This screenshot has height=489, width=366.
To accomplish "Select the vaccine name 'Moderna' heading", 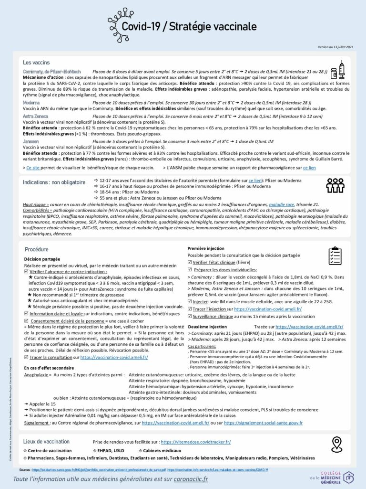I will click(31, 103).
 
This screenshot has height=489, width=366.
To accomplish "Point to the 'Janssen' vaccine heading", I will click(31, 142).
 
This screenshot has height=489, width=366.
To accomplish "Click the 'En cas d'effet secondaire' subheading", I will click(49, 368).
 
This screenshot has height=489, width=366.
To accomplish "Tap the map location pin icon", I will click(337, 444).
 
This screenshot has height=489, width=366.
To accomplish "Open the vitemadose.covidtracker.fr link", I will click(195, 442).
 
